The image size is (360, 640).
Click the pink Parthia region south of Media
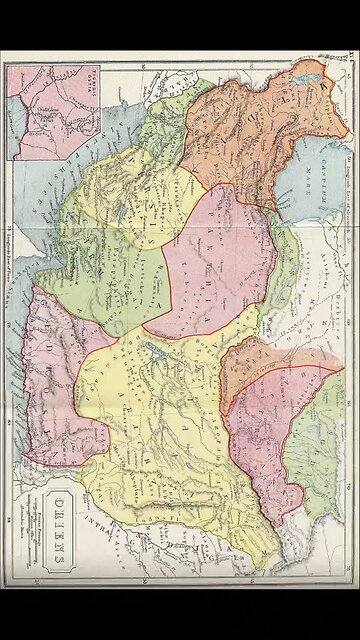tap(215, 260)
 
